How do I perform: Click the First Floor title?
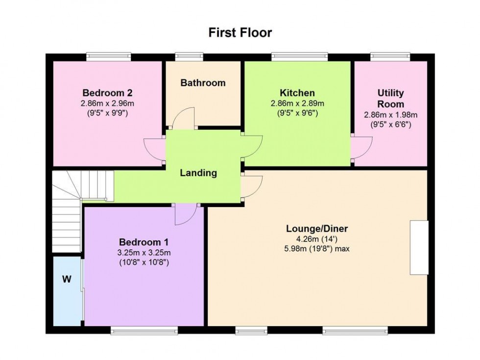coord(240,33)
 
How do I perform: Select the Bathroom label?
coord(203,83)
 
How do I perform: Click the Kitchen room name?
coord(297,93)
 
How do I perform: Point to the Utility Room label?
coord(390,98)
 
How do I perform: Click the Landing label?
coord(198,173)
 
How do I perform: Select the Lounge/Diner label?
coord(317,229)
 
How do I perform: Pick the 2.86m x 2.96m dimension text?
coord(108,103)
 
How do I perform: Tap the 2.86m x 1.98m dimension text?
coord(390,115)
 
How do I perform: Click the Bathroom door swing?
coord(185,119)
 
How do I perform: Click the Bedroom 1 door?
coord(186,215)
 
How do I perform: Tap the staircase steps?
coord(68,211)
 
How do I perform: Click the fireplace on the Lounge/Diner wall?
coord(419,247)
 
